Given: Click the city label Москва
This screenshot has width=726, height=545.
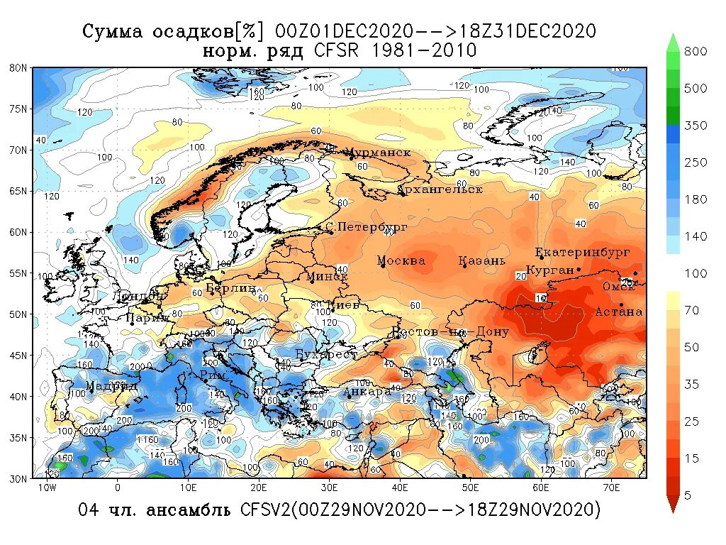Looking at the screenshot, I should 401,260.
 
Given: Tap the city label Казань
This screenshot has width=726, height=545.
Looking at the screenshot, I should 482,260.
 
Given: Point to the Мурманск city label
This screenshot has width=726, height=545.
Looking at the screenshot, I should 377,153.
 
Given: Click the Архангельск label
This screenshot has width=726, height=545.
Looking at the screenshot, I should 440,189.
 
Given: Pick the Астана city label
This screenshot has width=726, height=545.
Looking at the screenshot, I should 618,312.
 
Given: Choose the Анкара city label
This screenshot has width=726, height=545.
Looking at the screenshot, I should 367,391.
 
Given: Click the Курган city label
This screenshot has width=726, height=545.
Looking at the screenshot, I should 549,270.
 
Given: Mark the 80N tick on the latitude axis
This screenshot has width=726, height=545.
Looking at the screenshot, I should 18,68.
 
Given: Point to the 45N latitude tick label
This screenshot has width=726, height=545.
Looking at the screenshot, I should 18,355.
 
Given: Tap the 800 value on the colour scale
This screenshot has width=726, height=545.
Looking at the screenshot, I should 696,51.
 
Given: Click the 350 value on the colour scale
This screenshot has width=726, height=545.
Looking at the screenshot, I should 696,125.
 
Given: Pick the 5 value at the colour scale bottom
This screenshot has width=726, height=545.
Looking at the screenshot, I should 687,495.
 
